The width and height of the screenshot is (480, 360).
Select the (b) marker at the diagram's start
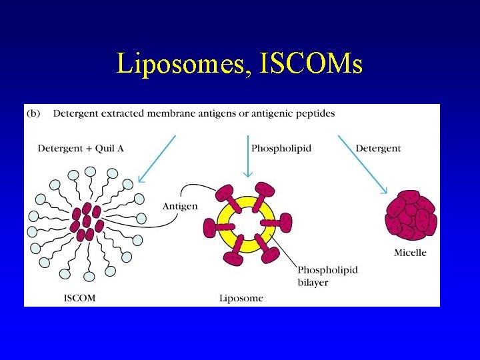[x=33, y=113]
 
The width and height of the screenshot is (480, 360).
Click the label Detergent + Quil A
[x=81, y=148]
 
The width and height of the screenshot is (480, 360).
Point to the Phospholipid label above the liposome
[x=281, y=148]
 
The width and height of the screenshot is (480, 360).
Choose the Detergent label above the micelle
[x=378, y=148]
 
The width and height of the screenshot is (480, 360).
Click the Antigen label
[x=180, y=206]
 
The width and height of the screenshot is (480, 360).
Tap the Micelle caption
[x=410, y=253]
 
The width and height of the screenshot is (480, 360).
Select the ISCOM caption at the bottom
[x=79, y=298]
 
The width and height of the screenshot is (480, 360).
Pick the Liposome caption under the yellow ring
[x=241, y=298]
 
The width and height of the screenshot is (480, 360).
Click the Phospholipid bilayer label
[x=327, y=275]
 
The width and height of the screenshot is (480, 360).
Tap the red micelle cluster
[x=411, y=215]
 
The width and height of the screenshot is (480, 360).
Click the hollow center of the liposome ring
[x=247, y=223]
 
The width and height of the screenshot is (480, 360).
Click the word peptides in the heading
[x=314, y=113]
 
